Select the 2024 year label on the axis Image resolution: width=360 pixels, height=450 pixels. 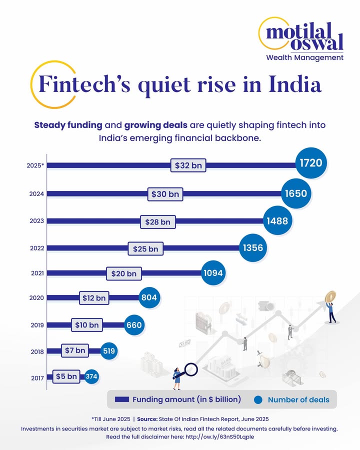[x=37, y=193]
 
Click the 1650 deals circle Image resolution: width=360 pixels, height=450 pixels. [x=296, y=193]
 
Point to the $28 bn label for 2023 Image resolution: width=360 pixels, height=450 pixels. [x=157, y=221]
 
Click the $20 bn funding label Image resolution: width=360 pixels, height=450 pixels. [x=124, y=273]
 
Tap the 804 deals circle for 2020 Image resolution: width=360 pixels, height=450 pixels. [x=149, y=297]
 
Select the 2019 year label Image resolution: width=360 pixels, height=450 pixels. [x=37, y=325]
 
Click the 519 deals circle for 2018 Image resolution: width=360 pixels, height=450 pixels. [x=109, y=351]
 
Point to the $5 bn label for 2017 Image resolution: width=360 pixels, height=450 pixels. [x=66, y=376]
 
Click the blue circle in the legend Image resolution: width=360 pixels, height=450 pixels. [x=258, y=399]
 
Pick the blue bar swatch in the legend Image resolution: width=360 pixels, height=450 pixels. [x=122, y=399]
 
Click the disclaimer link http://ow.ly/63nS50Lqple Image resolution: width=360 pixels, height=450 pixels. [x=217, y=436]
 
